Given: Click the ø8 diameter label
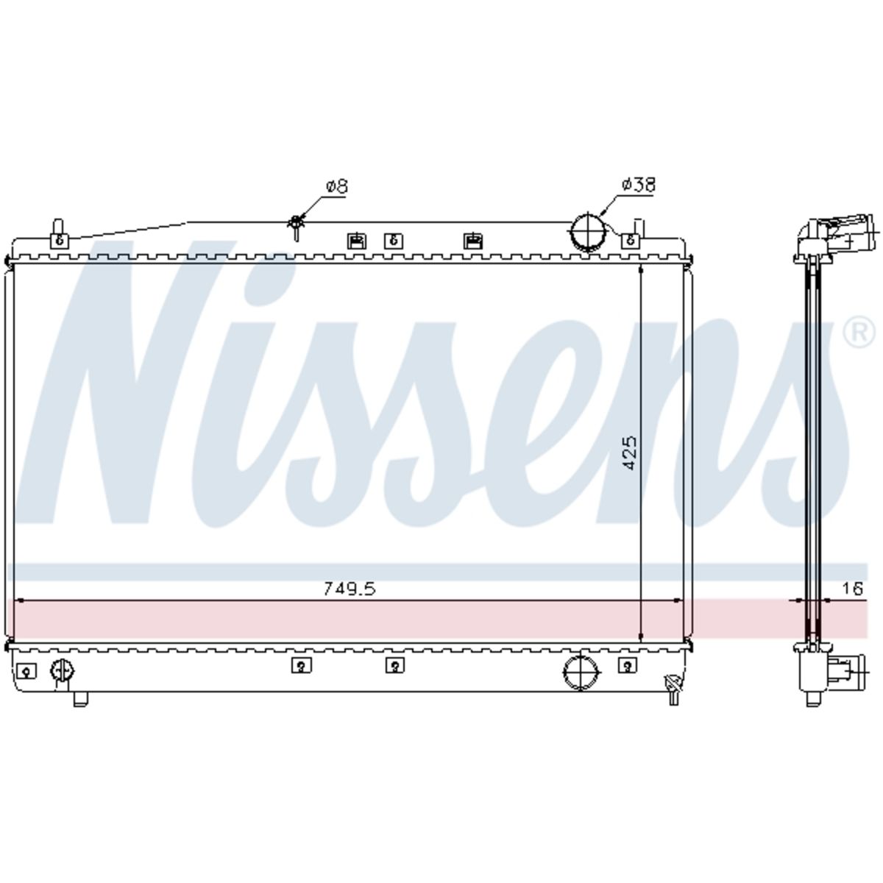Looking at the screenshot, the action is [337, 186].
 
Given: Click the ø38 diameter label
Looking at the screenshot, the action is [638, 184].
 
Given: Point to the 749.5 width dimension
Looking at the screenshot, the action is [350, 589].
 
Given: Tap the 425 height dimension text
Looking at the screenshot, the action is [630, 453].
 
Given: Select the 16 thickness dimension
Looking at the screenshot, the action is [852, 588].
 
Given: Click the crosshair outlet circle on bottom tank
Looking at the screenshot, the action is [581, 672].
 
